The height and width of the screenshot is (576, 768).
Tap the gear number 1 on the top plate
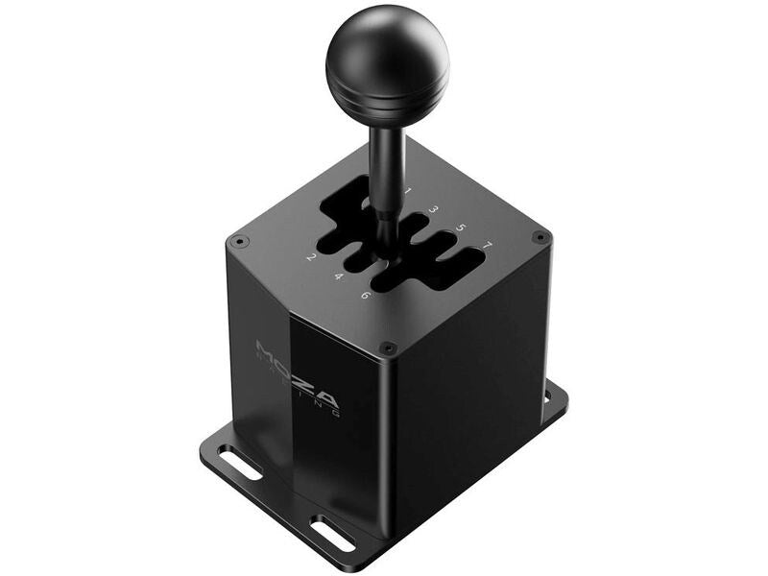(407, 191)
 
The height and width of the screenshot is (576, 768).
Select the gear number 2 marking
(311, 257)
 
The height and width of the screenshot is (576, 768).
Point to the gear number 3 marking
(434, 208)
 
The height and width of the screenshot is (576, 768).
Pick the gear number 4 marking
(338, 276)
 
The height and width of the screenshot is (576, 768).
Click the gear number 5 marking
(461, 228)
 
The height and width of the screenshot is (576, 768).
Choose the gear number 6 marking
(366, 295)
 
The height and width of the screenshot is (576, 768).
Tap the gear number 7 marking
(488, 246)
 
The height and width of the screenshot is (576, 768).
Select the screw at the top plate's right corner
(540, 236)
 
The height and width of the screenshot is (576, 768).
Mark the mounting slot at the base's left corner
(239, 463)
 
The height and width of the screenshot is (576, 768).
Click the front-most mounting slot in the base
(333, 533)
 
